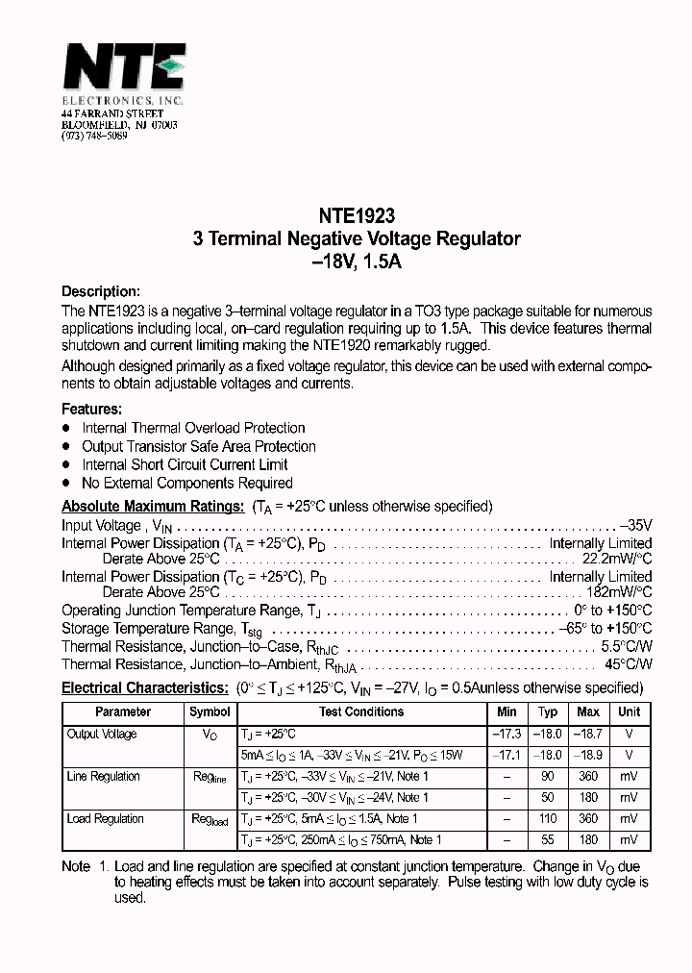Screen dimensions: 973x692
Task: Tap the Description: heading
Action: coord(101,292)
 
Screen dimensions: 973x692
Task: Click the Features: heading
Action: coord(91,409)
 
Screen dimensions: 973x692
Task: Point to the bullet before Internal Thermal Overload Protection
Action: coord(66,428)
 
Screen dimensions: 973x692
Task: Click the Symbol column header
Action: coord(210,712)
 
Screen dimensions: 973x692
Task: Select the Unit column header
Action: coord(629,712)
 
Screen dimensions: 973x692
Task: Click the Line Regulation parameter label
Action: coord(103,777)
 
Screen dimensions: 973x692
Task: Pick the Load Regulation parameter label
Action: coord(105,819)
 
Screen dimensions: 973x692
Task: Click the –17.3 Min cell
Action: coord(507,735)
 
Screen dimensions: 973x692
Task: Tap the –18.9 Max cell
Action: coord(588,756)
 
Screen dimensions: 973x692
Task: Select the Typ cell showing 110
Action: coord(548,819)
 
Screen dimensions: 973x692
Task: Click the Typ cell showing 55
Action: coord(548,840)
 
